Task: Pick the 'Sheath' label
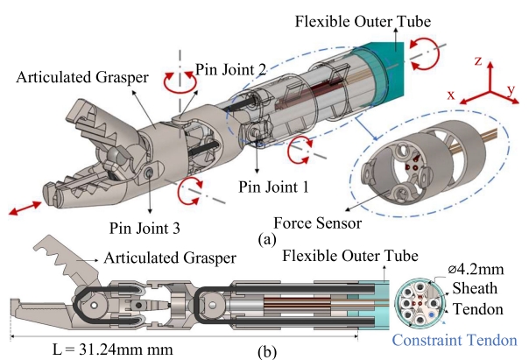481,290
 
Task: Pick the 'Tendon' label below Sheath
483,307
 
